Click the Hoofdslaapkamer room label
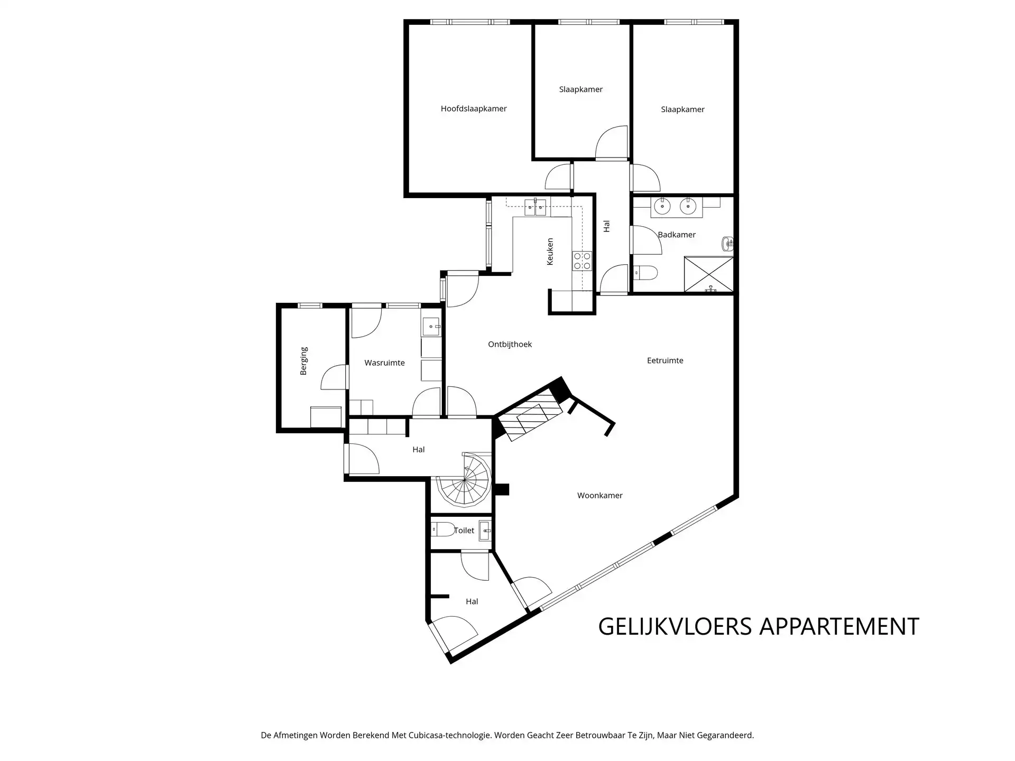tap(474, 109)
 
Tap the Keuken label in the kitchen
tap(550, 252)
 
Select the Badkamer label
tap(677, 235)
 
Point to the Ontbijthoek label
tap(510, 345)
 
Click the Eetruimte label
tap(665, 361)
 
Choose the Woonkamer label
tap(599, 496)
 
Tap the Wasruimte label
tap(384, 363)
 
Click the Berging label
tap(303, 361)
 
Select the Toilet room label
tap(464, 531)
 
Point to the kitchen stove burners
tap(583, 262)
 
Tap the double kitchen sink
tap(535, 207)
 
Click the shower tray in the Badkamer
tap(708, 274)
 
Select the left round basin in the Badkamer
tap(661, 207)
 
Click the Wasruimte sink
tap(431, 327)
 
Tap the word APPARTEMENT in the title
tap(839, 627)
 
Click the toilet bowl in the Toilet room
tap(444, 529)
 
